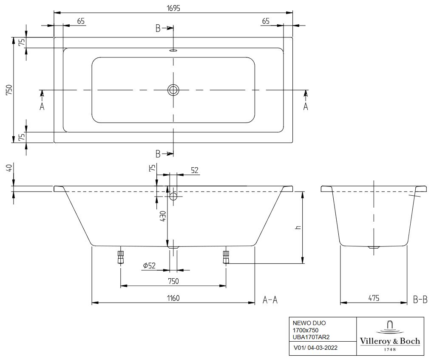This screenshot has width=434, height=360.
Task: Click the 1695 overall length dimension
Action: [x=173, y=8]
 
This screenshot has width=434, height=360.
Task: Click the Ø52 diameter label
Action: [x=150, y=266]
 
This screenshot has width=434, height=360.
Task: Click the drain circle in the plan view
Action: [x=173, y=90]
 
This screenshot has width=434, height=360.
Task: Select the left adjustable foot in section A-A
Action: [x=121, y=257]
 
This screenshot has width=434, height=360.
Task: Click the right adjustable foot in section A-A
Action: [x=226, y=257]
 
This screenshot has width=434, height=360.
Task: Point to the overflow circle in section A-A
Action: [x=173, y=197]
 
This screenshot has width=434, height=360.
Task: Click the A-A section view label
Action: [x=270, y=300]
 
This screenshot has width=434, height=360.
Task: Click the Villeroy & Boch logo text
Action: [x=390, y=341]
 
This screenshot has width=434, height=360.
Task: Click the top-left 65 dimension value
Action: [x=81, y=22]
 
